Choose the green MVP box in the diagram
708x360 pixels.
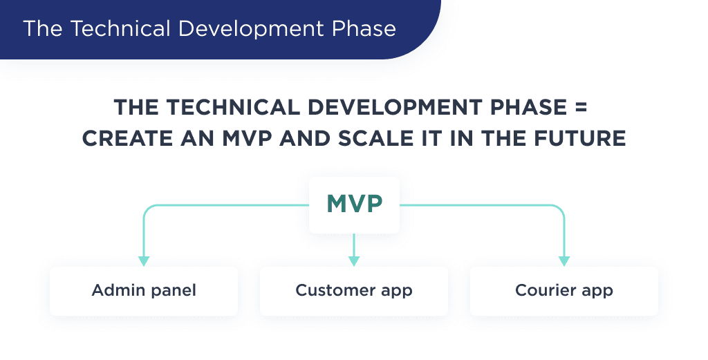pos(354,205)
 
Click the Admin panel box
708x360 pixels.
pos(144,290)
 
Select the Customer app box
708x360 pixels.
pos(354,290)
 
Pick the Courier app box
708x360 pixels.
pos(564,290)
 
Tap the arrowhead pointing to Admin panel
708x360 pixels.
pos(144,261)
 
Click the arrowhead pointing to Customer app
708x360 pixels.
pos(354,261)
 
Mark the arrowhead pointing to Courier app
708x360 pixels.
pos(564,261)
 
